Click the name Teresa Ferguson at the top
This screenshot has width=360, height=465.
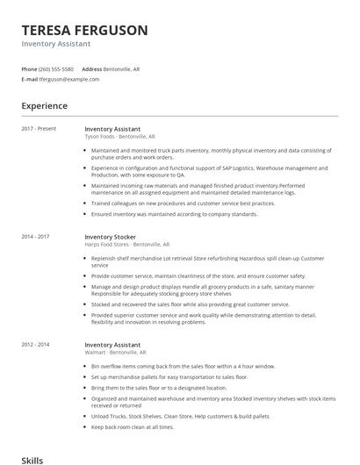pyautogui.click(x=84, y=30)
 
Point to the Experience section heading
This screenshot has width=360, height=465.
pyautogui.click(x=44, y=106)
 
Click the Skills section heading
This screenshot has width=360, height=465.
pyautogui.click(x=32, y=459)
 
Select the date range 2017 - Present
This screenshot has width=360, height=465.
pyautogui.click(x=39, y=129)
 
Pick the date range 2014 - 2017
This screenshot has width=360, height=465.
pyautogui.click(x=36, y=236)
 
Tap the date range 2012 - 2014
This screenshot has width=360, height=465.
pyautogui.click(x=36, y=345)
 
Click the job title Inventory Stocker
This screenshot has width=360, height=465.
pyautogui.click(x=111, y=236)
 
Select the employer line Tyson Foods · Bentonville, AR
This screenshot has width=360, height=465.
pyautogui.click(x=119, y=137)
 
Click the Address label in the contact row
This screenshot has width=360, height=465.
pyautogui.click(x=91, y=68)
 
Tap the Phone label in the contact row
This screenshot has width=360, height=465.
pyautogui.click(x=29, y=68)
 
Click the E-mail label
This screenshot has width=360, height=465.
pyautogui.click(x=30, y=79)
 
